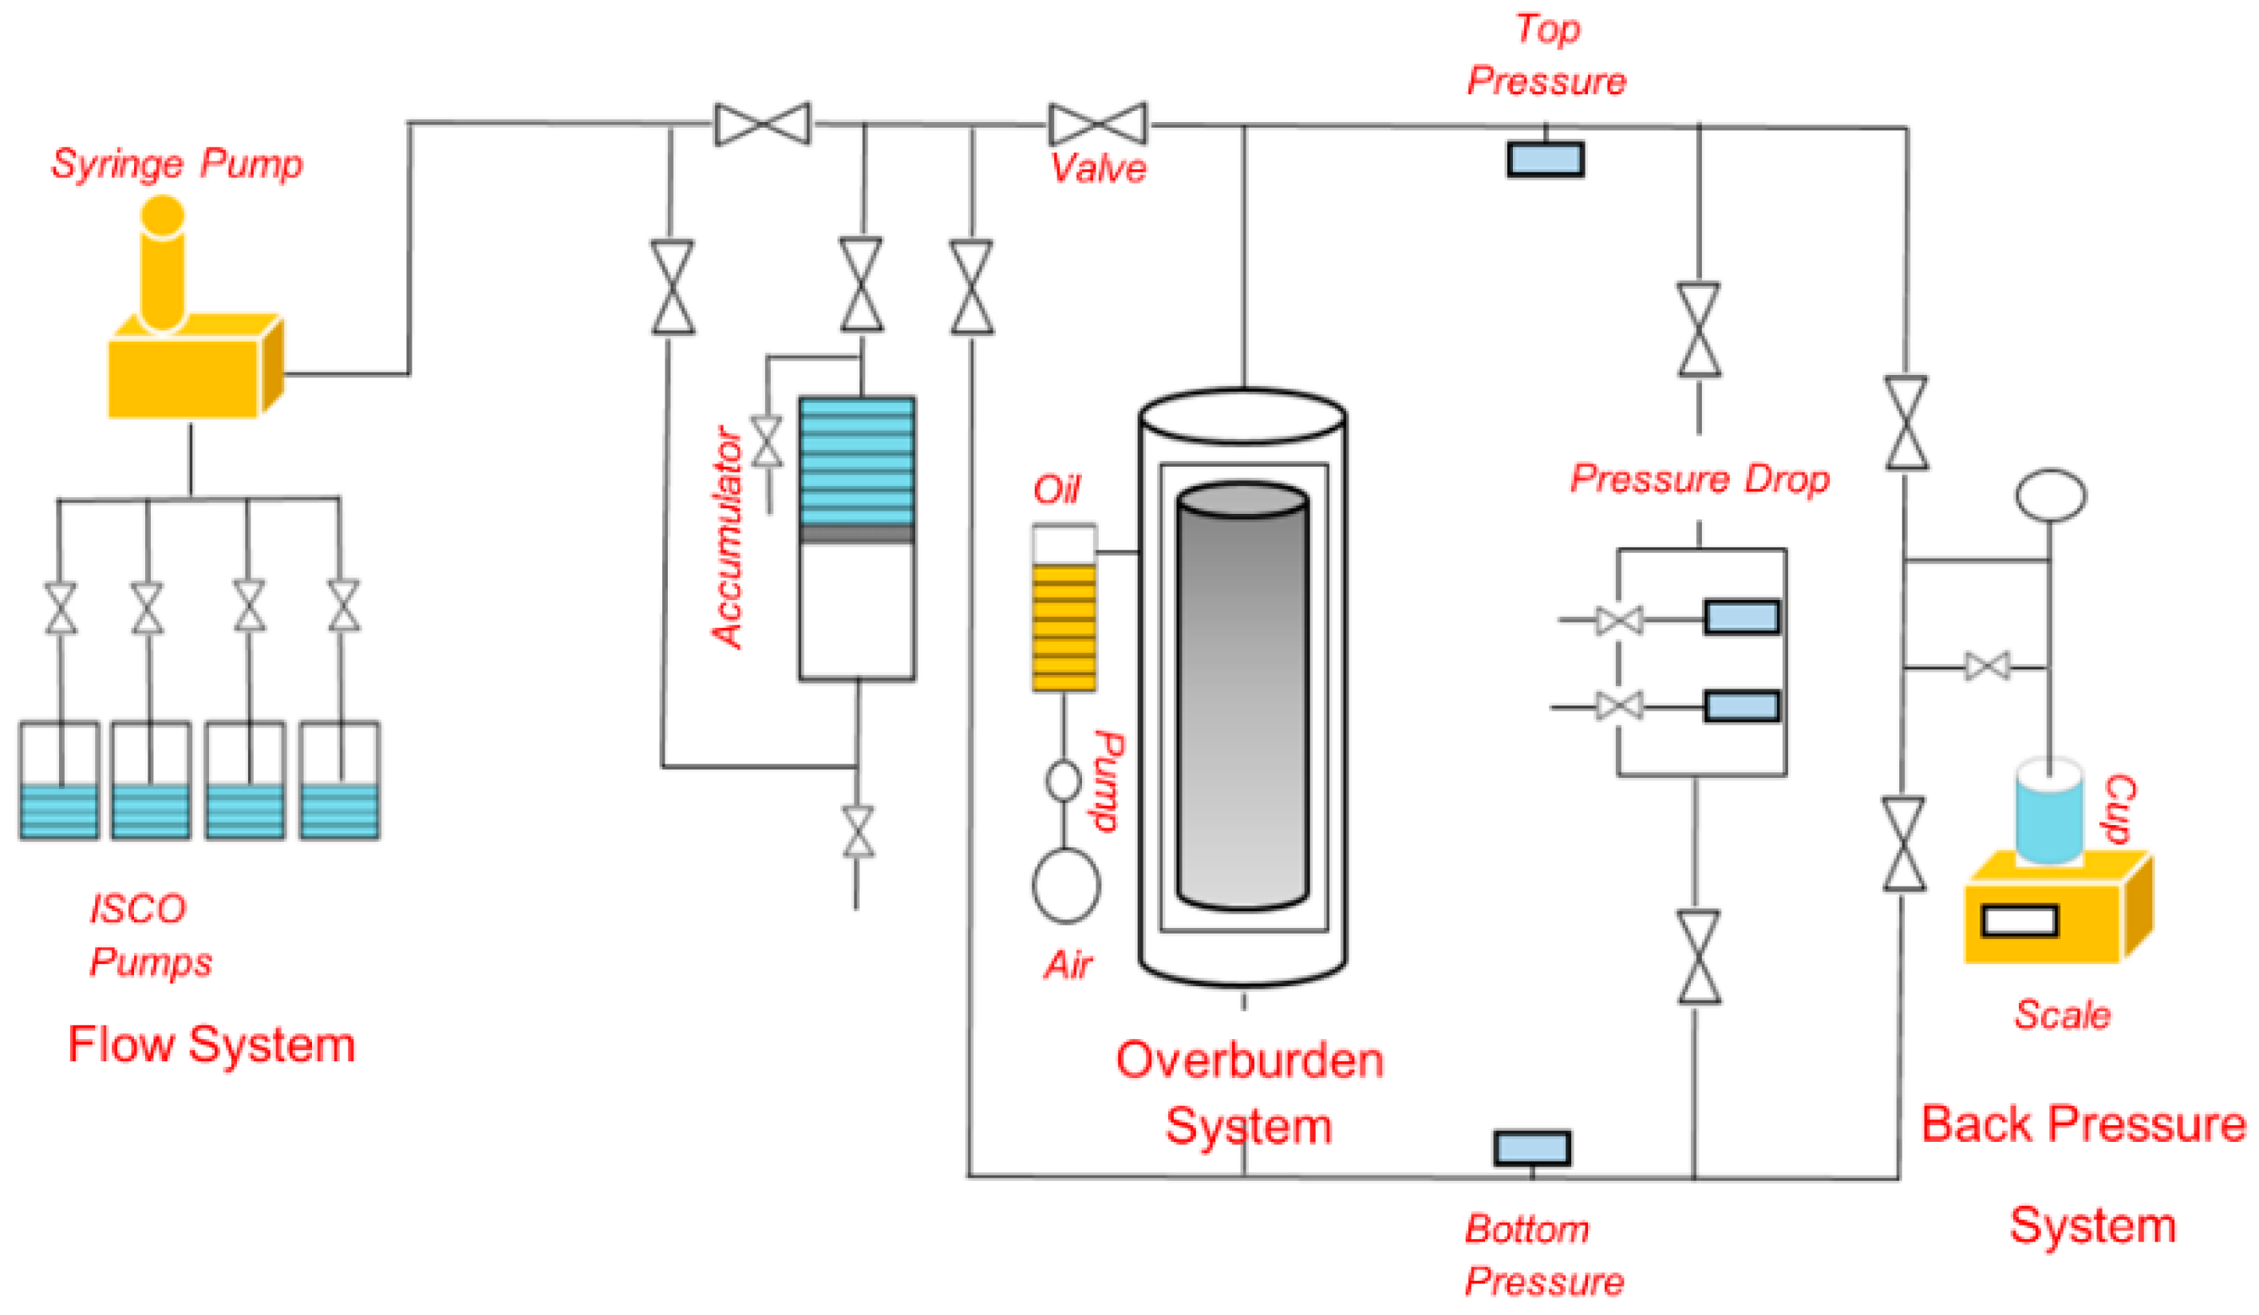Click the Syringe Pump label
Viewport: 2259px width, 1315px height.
tap(176, 165)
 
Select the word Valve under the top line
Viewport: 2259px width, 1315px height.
tap(1098, 168)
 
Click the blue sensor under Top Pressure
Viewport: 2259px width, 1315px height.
tap(1545, 160)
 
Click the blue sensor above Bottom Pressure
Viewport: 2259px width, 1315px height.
tap(1532, 1148)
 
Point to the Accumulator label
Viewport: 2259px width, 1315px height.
tap(728, 537)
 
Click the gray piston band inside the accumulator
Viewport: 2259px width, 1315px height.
tap(857, 535)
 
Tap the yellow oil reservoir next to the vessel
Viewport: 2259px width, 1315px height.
tap(1063, 626)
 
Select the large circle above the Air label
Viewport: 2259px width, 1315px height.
tap(1066, 886)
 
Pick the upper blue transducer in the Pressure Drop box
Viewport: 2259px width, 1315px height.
tap(1741, 618)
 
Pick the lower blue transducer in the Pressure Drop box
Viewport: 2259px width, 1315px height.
tap(1741, 706)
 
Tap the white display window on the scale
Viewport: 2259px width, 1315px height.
tap(2020, 921)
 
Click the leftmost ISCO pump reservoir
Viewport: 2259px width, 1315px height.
tap(59, 780)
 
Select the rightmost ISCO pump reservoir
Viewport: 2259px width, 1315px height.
tap(340, 780)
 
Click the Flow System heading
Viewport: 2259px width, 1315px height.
tap(211, 1045)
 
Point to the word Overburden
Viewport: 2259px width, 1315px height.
tap(1250, 1060)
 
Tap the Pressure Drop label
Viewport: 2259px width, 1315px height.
tap(1700, 479)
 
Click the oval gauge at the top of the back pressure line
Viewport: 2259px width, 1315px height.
tap(2050, 495)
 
